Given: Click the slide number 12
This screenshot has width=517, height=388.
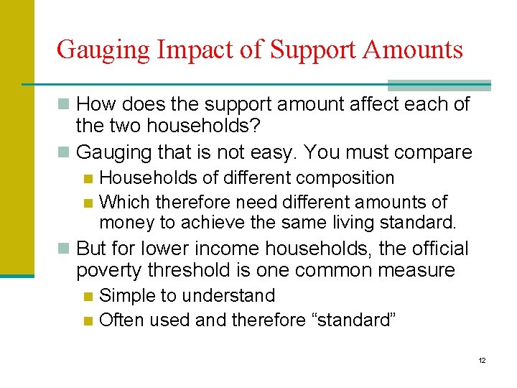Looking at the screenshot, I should pyautogui.click(x=482, y=360).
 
